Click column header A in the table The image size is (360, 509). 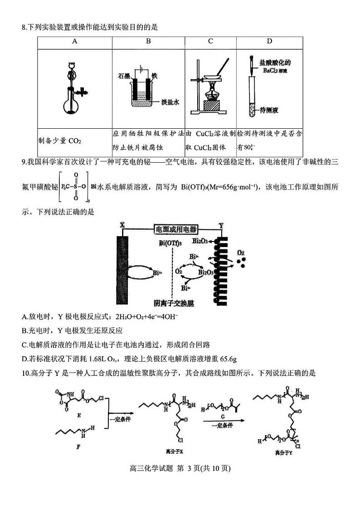[74, 41]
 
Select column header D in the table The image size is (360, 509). [269, 41]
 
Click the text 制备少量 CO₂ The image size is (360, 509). [59, 141]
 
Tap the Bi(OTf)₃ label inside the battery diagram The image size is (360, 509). [170, 243]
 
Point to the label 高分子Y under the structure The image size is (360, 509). [283, 452]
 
